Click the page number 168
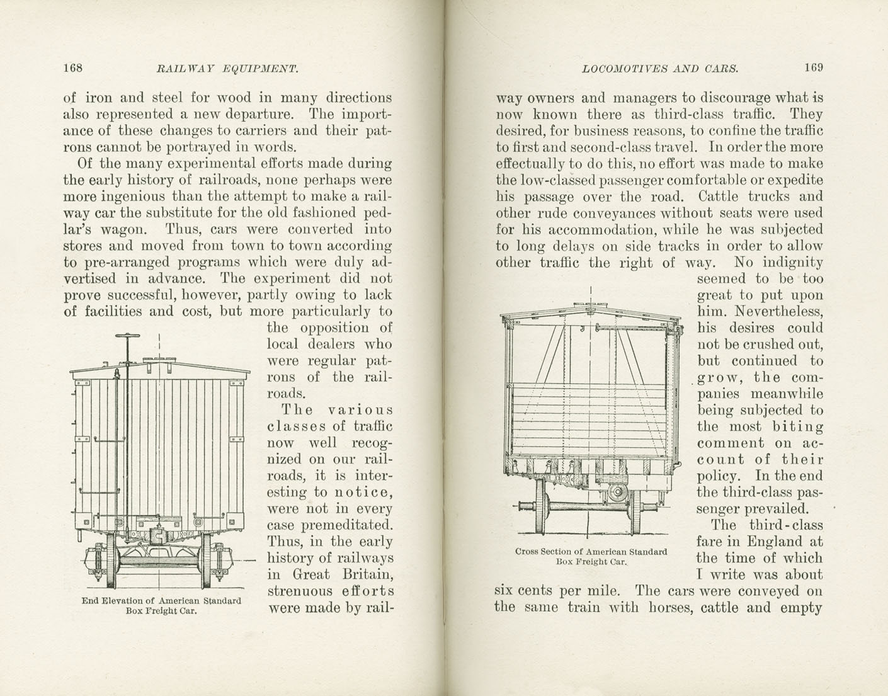coord(74,68)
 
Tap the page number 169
coord(813,68)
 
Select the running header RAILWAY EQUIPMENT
coord(226,69)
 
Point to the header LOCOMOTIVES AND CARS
coord(660,69)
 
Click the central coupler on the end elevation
coord(159,536)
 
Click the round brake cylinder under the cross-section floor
coord(616,491)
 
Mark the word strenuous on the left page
coord(300,591)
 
